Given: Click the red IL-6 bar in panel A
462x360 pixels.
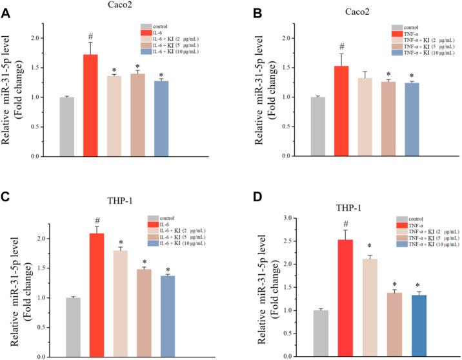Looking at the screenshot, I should point(91,106).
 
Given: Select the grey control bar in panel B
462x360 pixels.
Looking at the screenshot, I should point(318,127).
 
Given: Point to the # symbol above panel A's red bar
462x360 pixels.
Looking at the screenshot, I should point(91,34).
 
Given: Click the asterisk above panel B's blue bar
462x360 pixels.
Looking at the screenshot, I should point(390,75).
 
